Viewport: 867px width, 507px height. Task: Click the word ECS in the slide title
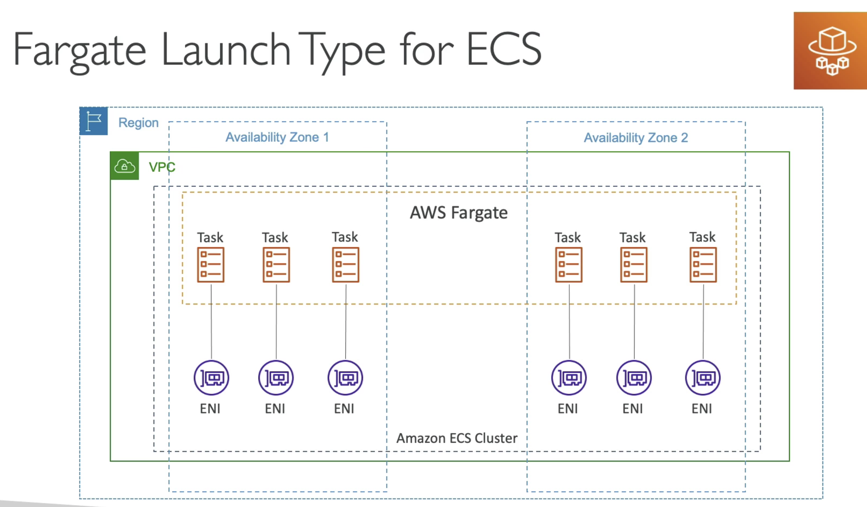(504, 49)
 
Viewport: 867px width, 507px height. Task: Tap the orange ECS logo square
(830, 50)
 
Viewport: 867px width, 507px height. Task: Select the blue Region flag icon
(93, 121)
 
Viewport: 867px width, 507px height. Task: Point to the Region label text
(138, 123)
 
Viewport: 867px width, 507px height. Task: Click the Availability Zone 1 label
(277, 137)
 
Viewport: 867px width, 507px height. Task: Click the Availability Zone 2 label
(636, 138)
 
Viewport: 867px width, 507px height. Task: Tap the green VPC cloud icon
(125, 166)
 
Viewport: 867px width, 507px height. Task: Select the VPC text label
(162, 167)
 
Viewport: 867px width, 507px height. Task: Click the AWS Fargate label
(459, 213)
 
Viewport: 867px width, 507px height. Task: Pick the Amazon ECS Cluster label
(457, 438)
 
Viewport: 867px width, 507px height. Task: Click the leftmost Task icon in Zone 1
(211, 265)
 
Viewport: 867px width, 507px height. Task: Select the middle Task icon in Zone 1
(276, 265)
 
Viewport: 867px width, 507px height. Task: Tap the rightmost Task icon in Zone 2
(703, 265)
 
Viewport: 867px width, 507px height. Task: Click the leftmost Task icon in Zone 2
(569, 265)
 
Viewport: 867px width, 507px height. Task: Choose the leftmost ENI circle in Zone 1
(211, 378)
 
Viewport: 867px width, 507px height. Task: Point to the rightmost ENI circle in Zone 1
(345, 378)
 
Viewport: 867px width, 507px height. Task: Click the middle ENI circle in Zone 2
(634, 378)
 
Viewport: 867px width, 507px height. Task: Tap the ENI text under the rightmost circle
(702, 408)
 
